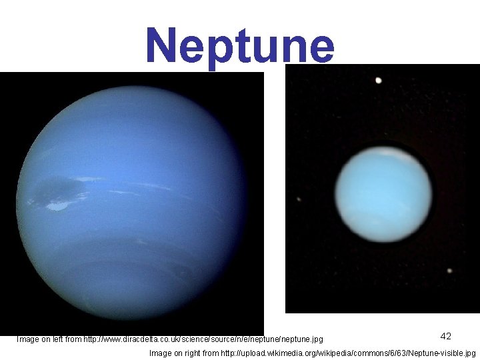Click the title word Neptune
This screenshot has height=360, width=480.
[240, 45]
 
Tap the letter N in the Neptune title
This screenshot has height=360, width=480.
[162, 45]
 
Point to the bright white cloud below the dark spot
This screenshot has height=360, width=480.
[59, 207]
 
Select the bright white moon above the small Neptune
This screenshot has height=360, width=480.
[379, 81]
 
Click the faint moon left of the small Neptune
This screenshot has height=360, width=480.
[299, 199]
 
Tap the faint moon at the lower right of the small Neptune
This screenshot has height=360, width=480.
[449, 271]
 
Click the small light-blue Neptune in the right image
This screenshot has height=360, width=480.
[383, 193]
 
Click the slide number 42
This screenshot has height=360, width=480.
[446, 337]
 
